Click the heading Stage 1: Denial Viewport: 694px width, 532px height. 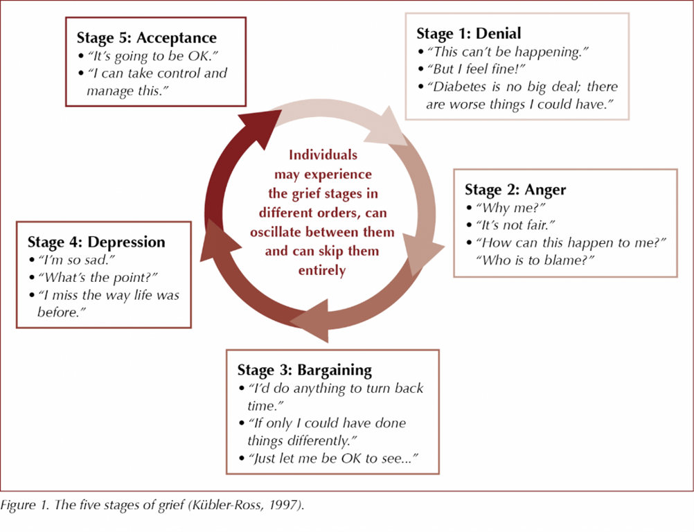[468, 33]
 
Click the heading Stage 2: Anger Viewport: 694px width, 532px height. [515, 189]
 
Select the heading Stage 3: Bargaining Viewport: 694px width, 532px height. [305, 369]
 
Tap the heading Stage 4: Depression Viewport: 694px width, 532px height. [96, 242]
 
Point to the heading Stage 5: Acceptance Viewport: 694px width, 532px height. [146, 38]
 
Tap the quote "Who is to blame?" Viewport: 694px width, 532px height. [535, 259]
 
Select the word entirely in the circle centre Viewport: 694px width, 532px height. [322, 270]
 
